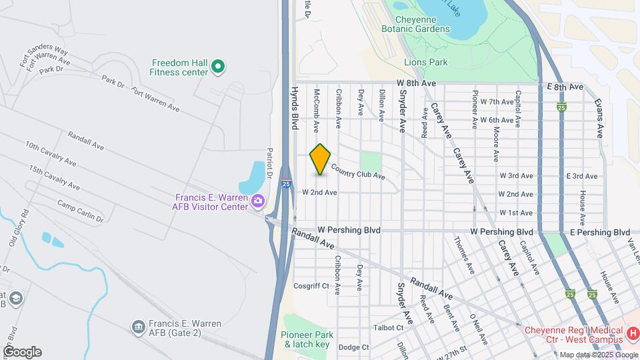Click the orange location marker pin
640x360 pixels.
(x=321, y=159)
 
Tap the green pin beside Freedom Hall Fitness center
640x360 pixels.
(x=218, y=66)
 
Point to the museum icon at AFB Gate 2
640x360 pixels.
(x=139, y=327)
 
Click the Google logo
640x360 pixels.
(x=22, y=351)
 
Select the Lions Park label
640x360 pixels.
(x=425, y=62)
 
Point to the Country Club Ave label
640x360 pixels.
(x=358, y=172)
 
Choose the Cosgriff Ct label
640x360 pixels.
(x=311, y=286)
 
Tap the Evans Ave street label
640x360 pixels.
(x=599, y=116)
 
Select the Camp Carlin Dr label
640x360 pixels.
(x=80, y=211)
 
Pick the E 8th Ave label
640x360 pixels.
(x=565, y=87)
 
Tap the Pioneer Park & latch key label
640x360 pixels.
(x=306, y=339)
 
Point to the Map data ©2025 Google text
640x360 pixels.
(x=598, y=355)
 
